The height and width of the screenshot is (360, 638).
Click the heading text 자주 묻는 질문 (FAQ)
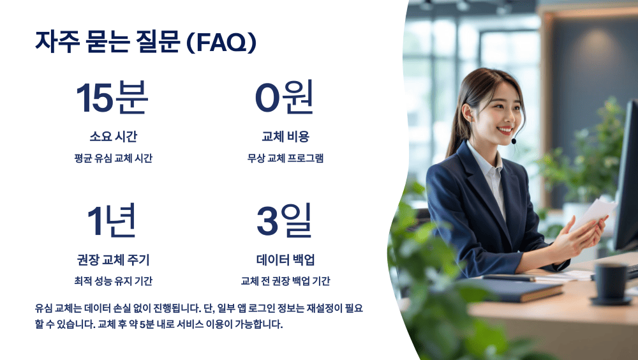point(146,42)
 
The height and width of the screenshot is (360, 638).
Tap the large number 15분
point(112,98)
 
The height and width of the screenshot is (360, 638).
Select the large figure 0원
point(285,98)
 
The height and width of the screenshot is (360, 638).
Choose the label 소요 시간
point(113,137)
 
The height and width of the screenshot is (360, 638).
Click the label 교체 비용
point(285,137)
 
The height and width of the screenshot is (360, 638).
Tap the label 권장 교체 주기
point(113,260)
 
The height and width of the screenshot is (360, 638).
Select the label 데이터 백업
point(285,260)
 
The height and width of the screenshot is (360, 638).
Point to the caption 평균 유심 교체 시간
point(113,158)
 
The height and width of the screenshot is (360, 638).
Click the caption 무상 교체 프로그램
point(285,158)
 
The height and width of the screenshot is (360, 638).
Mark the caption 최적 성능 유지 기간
point(113,281)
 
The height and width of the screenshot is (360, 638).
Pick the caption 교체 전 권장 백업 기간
point(285,281)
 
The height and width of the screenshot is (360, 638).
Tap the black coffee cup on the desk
point(611,282)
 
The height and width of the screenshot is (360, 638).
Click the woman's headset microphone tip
point(514,140)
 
